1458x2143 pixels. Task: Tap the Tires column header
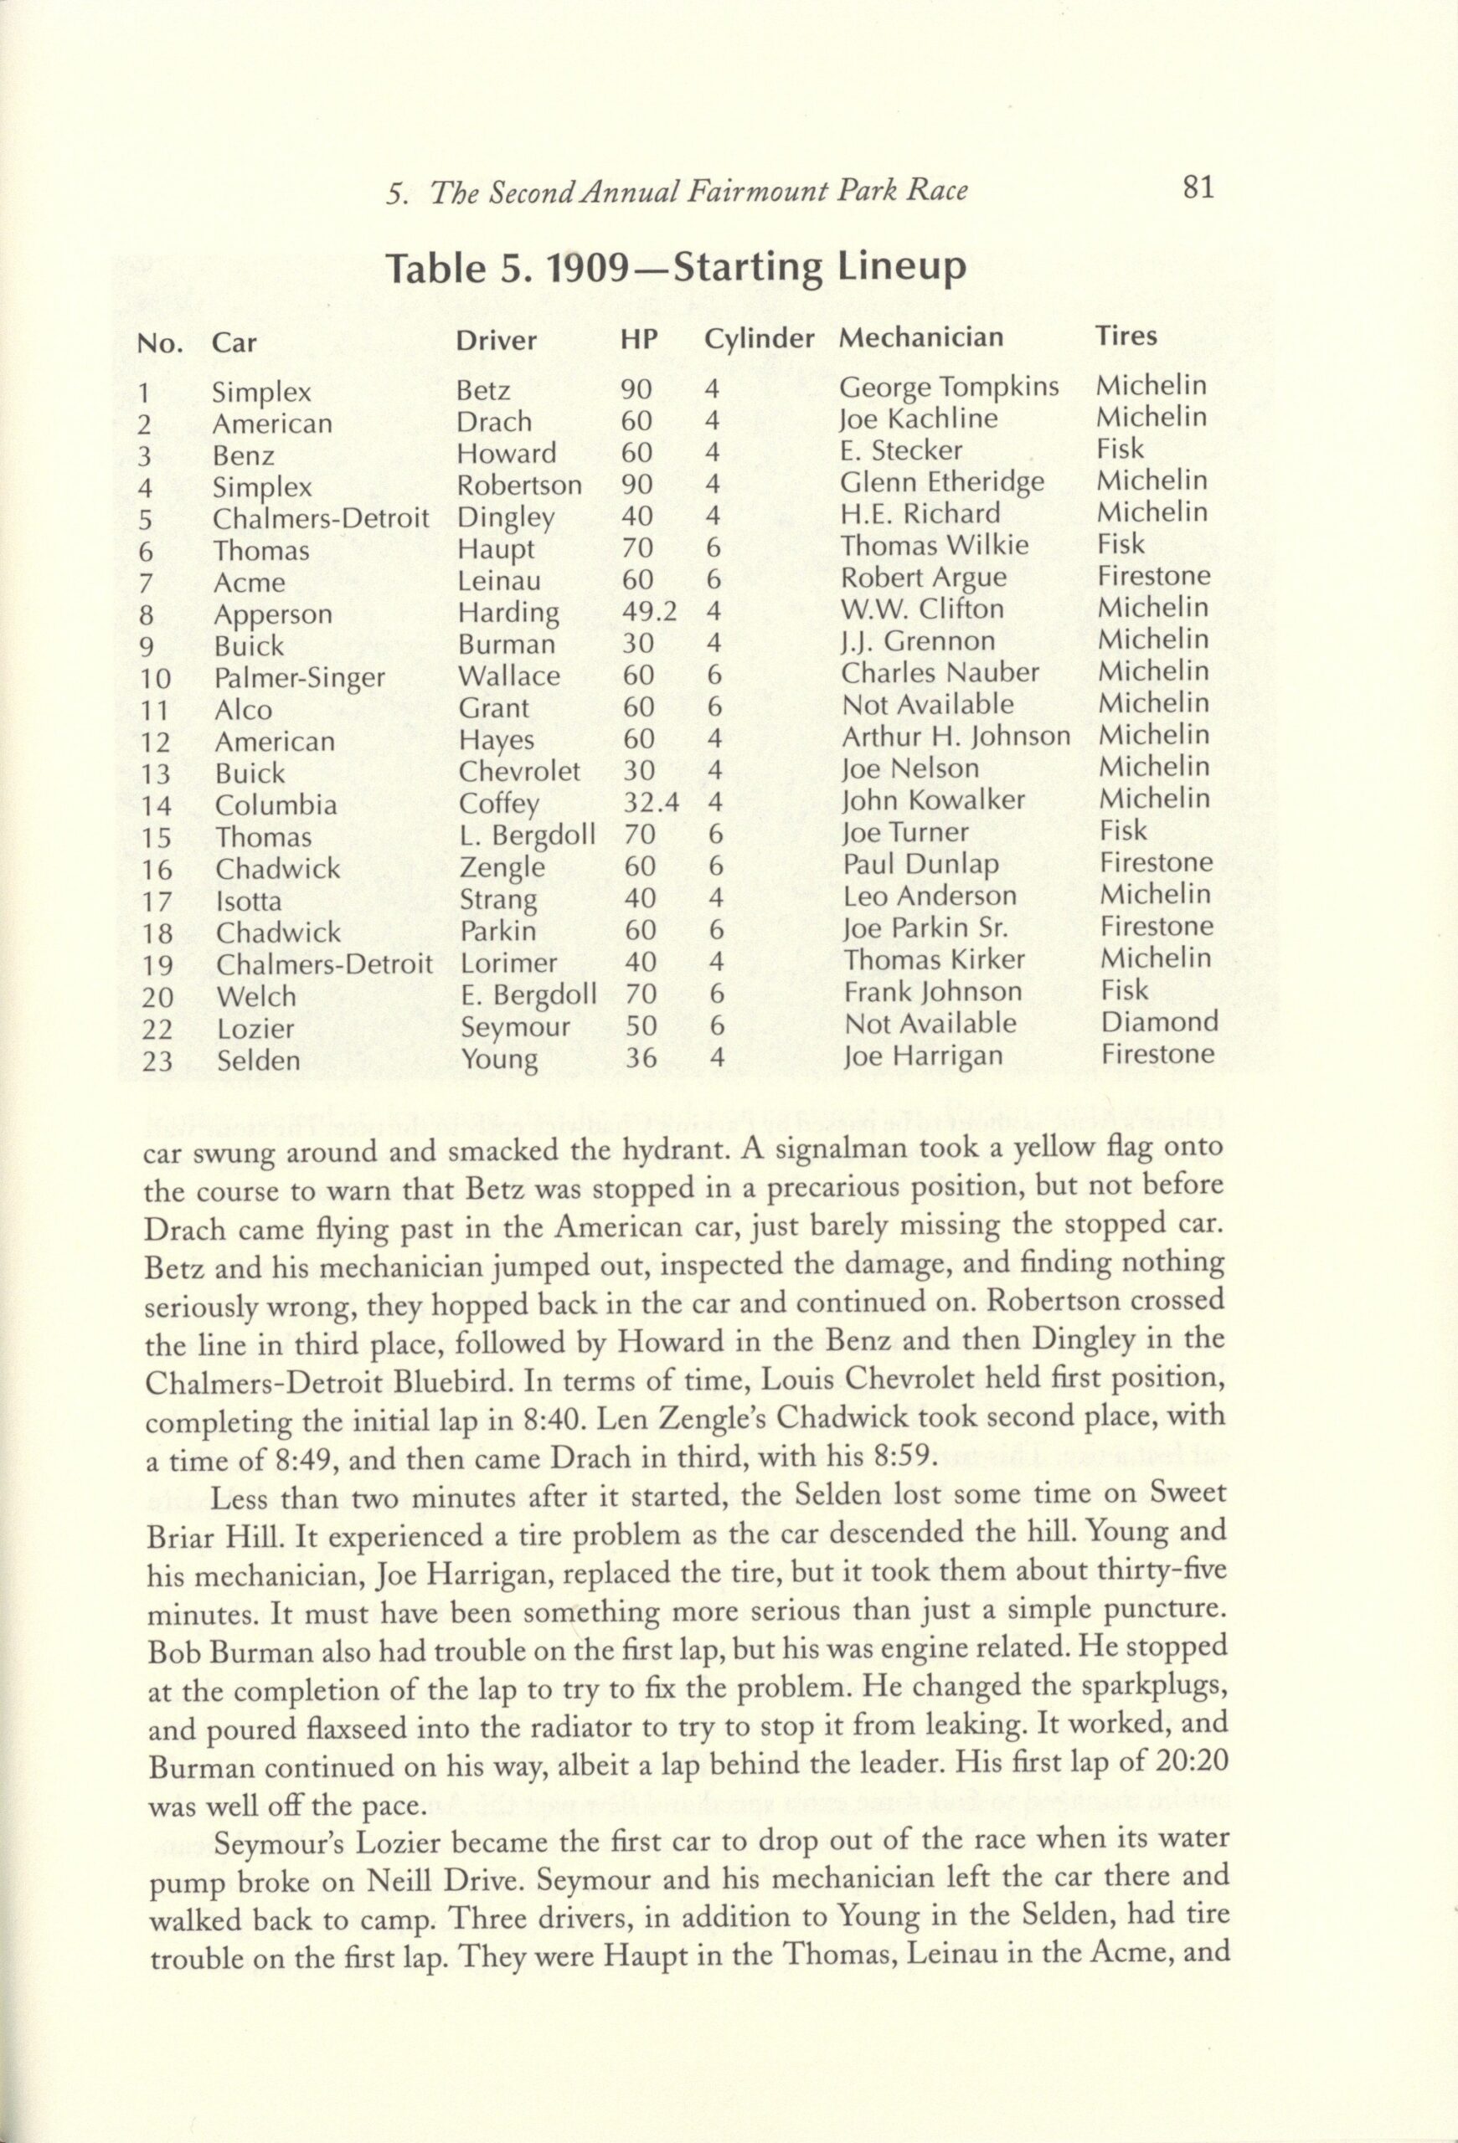tap(1125, 336)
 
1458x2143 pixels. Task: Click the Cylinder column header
tap(759, 339)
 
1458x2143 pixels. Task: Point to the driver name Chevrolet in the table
tap(519, 771)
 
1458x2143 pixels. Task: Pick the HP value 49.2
tap(649, 612)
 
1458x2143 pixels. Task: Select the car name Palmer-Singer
tap(299, 679)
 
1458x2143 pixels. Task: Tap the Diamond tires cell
tap(1159, 1022)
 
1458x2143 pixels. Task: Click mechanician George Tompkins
tap(949, 388)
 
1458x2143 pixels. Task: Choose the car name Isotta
tap(249, 899)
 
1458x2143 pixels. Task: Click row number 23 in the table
tap(157, 1062)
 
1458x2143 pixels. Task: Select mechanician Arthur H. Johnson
tap(956, 737)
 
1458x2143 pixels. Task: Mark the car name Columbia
tap(276, 805)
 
